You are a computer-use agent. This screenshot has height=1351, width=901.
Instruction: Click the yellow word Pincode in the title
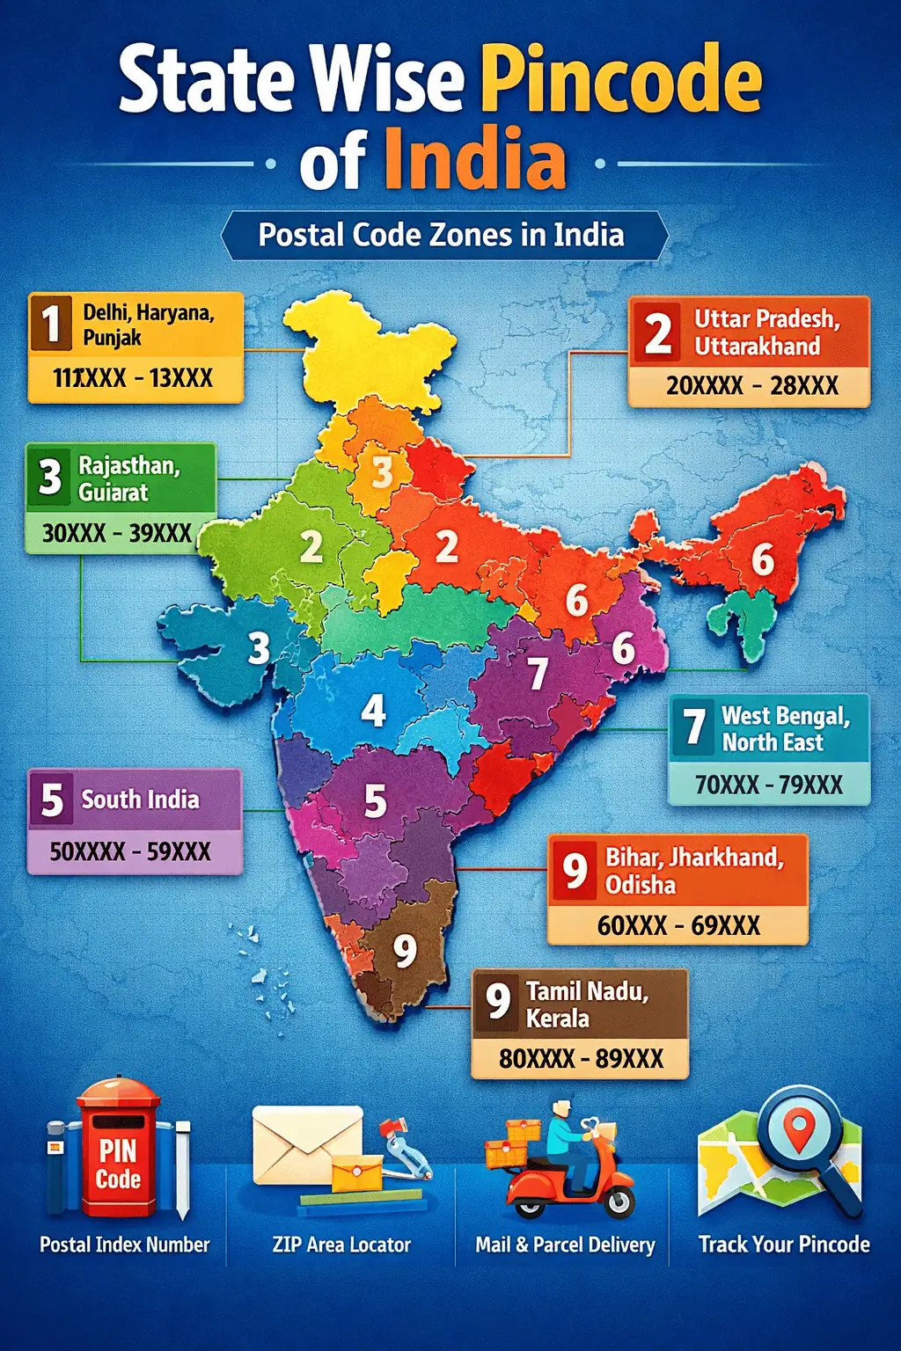(621, 81)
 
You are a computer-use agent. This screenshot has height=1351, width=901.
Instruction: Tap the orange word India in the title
(474, 160)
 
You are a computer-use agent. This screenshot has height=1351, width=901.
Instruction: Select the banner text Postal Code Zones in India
(441, 235)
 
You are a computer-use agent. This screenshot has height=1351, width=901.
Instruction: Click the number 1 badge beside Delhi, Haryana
(51, 324)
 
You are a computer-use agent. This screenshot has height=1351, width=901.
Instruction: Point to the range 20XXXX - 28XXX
(751, 385)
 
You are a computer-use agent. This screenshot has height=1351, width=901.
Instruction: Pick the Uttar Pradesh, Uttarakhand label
(766, 332)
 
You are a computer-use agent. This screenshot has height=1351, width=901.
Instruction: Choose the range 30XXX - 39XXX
(116, 532)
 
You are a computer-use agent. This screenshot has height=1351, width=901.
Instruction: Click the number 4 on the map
(373, 710)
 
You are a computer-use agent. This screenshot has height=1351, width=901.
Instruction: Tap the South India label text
(140, 800)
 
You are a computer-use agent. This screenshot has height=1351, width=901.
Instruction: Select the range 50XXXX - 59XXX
(130, 851)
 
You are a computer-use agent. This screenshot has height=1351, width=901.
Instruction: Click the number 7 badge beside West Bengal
(695, 727)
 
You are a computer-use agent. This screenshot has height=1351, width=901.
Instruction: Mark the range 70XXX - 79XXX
(768, 784)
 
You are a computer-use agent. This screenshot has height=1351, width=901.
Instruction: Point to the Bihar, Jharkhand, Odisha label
(693, 870)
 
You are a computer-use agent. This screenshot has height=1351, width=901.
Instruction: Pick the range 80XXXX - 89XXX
(581, 1058)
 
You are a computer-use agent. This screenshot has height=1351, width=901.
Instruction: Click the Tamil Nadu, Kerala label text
(587, 1004)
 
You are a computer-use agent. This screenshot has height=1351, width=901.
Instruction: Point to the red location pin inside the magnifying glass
(798, 1128)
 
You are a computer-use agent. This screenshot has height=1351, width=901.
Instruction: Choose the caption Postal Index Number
(124, 1245)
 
